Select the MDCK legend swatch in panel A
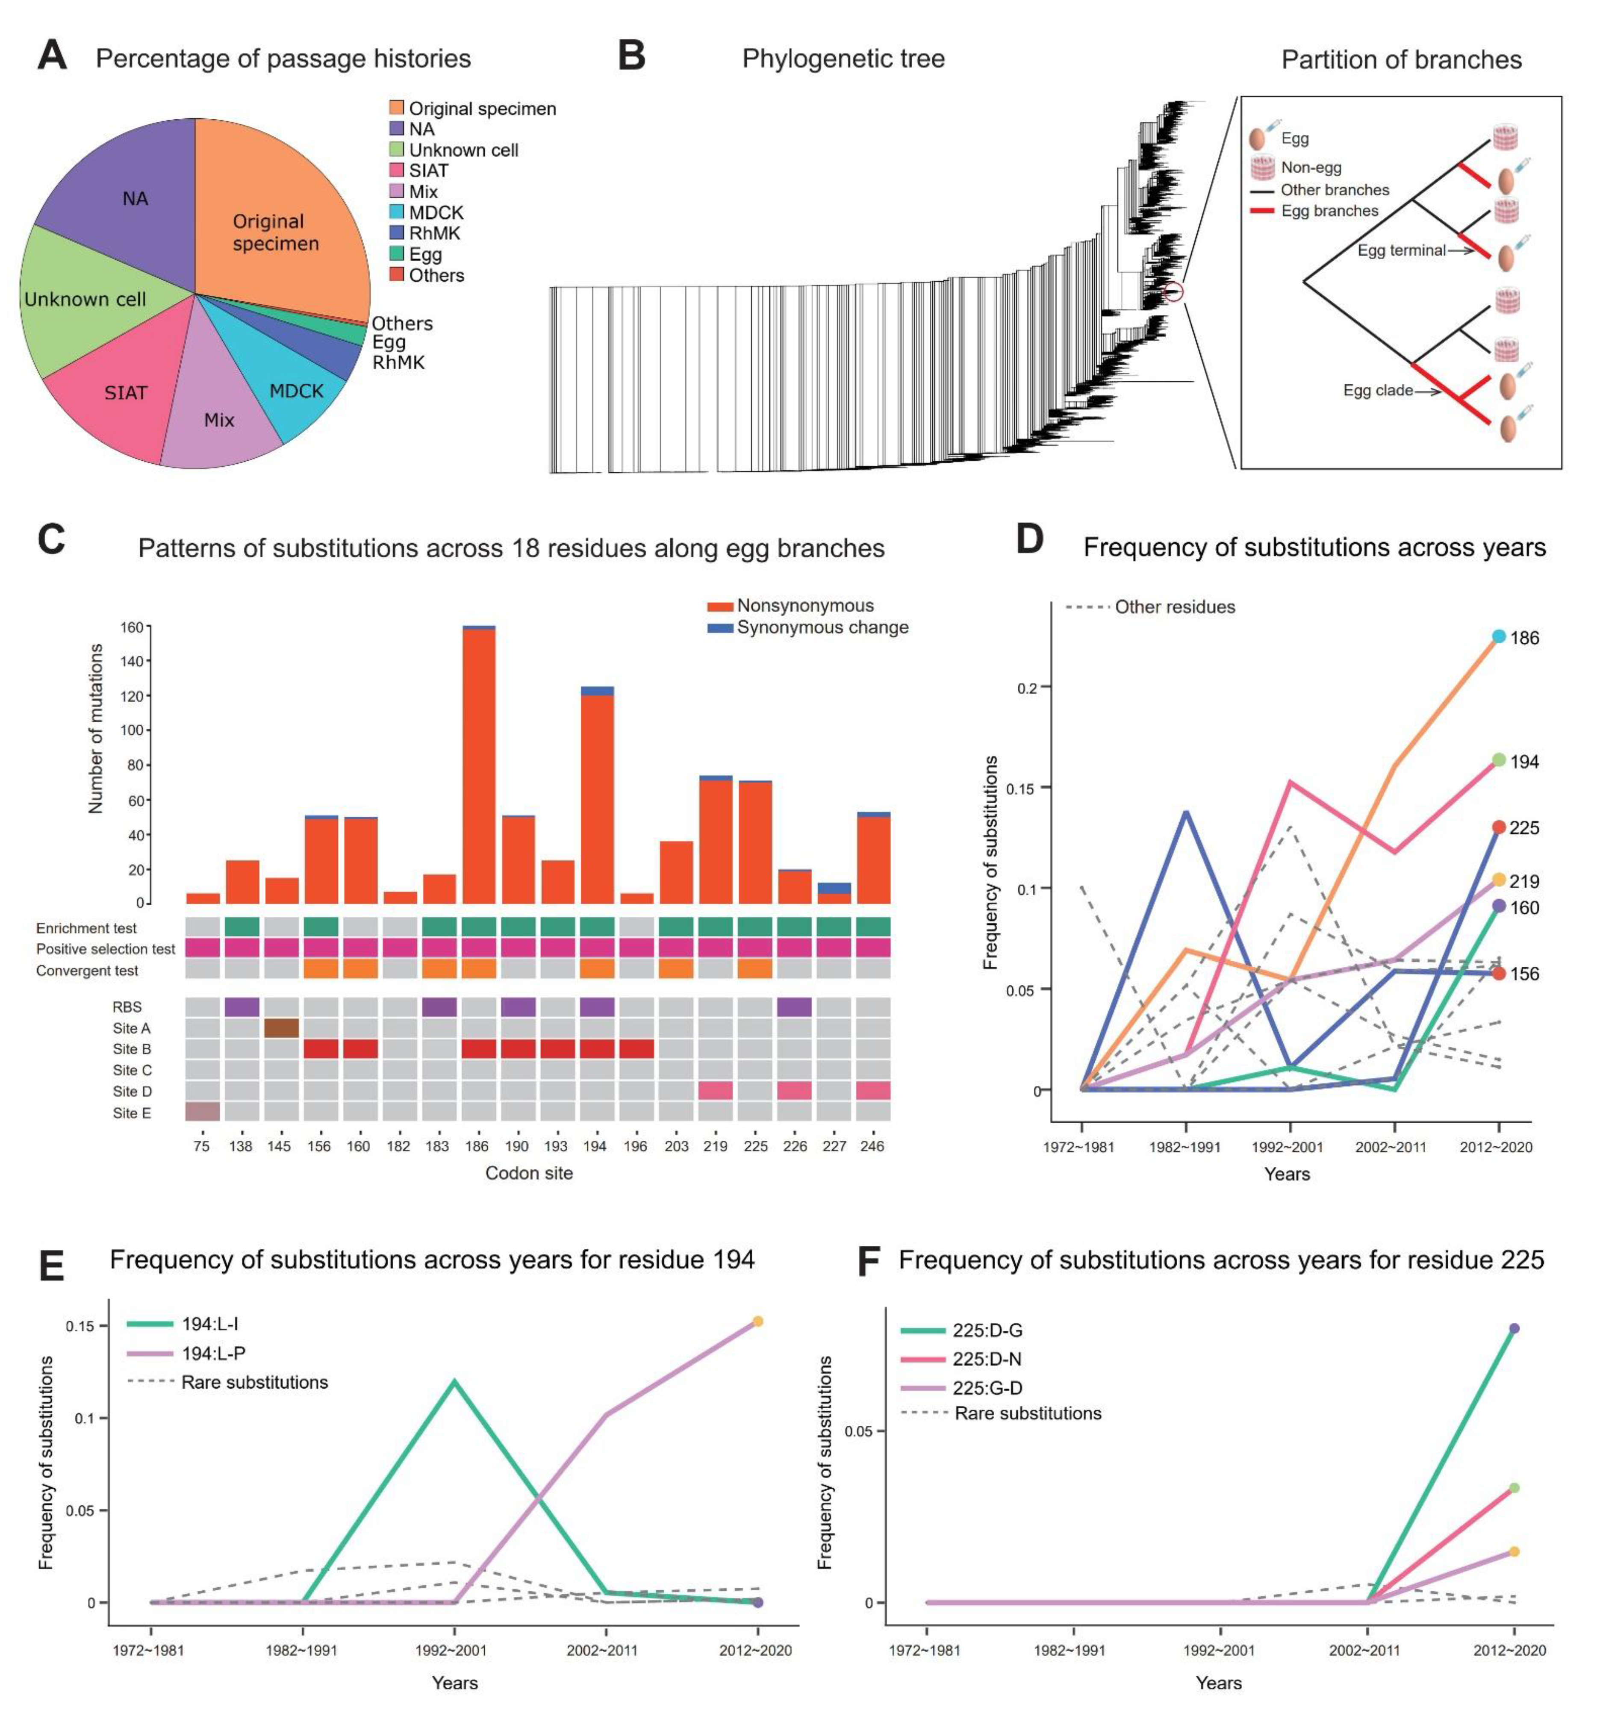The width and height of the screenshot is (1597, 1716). coord(396,212)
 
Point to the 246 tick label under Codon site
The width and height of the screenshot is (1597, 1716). coord(872,1146)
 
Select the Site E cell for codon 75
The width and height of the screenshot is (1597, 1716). coord(202,1112)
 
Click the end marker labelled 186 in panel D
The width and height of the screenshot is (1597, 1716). coord(1498,637)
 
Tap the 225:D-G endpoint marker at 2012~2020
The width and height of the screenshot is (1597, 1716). coord(1513,1328)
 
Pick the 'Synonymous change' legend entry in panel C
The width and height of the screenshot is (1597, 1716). coord(822,627)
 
